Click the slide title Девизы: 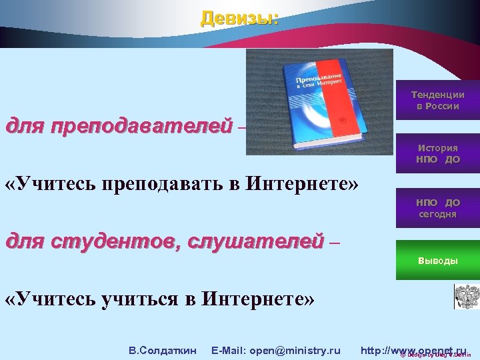point(239,18)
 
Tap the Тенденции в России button point(437,100)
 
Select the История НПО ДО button point(437,153)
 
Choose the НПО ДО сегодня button point(437,208)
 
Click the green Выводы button point(437,260)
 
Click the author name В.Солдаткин point(162,350)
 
